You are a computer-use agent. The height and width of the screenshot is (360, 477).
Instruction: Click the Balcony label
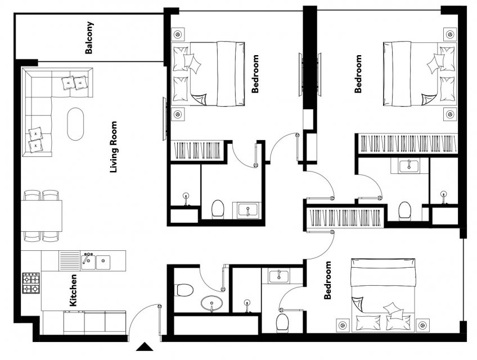pyautogui.click(x=89, y=38)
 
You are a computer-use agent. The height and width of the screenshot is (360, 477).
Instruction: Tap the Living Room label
pyautogui.click(x=114, y=147)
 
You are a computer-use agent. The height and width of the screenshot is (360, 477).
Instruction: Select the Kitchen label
pyautogui.click(x=73, y=290)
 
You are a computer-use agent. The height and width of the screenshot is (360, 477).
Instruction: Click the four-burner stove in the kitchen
pyautogui.click(x=31, y=283)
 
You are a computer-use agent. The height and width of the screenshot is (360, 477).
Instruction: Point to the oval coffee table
pyautogui.click(x=75, y=124)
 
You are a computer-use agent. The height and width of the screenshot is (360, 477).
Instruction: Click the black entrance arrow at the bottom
pyautogui.click(x=144, y=347)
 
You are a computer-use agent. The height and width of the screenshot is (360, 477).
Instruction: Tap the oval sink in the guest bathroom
pyautogui.click(x=211, y=303)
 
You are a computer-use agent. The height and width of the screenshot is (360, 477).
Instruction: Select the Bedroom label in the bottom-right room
pyautogui.click(x=327, y=280)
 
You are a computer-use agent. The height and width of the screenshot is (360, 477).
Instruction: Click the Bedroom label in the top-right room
pyautogui.click(x=358, y=74)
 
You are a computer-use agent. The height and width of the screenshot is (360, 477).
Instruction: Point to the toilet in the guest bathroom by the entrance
pyautogui.click(x=184, y=290)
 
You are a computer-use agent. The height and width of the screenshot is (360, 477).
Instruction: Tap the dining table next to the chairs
pyautogui.click(x=42, y=216)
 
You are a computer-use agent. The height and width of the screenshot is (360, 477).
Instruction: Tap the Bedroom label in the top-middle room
pyautogui.click(x=255, y=74)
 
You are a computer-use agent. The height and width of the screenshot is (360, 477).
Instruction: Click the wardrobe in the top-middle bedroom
pyautogui.click(x=197, y=150)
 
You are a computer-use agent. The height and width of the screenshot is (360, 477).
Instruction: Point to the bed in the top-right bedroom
pyautogui.click(x=420, y=74)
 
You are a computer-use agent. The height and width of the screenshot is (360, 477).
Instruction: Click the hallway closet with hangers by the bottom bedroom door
pyautogui.click(x=345, y=218)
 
